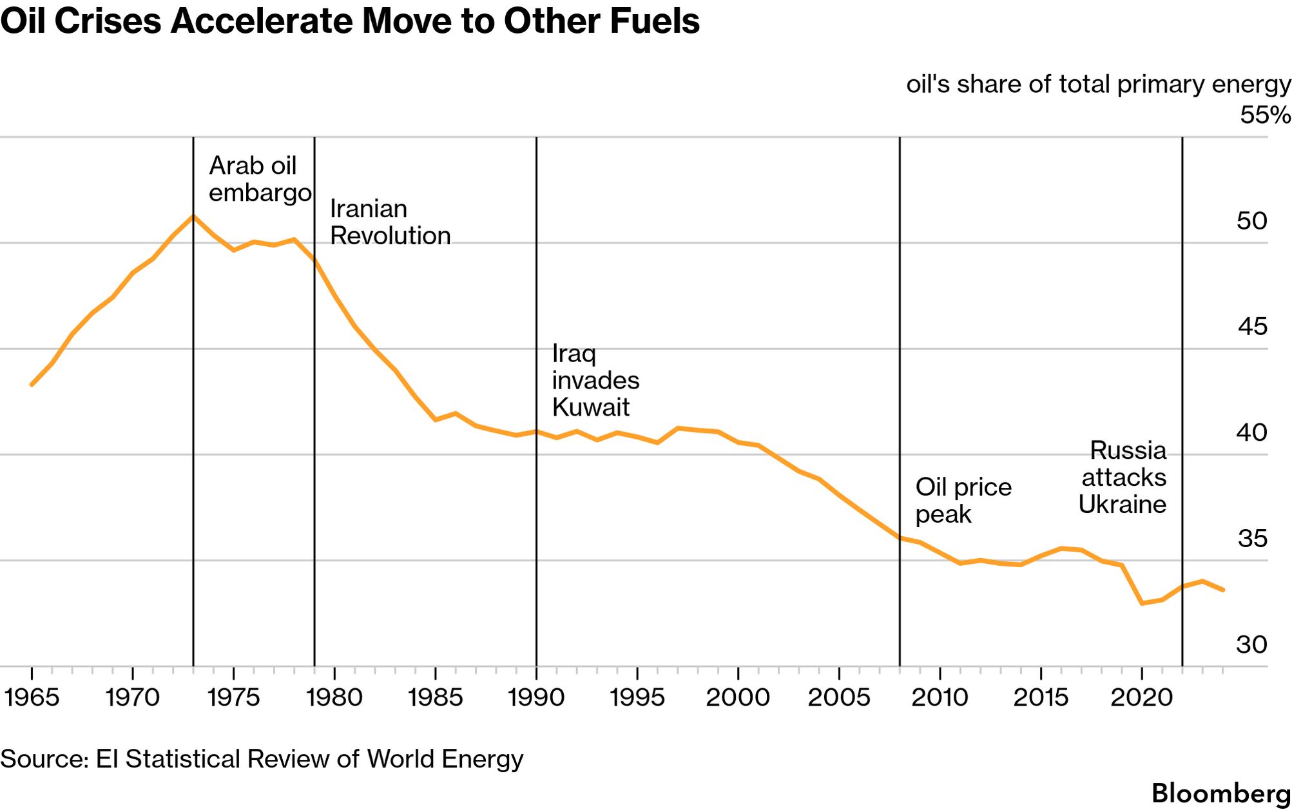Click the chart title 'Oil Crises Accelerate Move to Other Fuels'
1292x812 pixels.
tap(350, 21)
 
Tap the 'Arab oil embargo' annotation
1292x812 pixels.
tap(260, 179)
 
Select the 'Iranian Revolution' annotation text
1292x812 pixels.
tap(390, 222)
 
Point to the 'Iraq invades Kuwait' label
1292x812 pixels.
tap(595, 380)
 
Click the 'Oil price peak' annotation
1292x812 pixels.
tap(963, 500)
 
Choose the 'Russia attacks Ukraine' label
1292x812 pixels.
tap(1123, 477)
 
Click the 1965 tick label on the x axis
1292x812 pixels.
tap(32, 697)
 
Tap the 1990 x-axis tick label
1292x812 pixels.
tap(536, 697)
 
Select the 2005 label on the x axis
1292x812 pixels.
tap(838, 697)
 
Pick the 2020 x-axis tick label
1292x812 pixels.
tap(1141, 697)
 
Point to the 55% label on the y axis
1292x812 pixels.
tap(1265, 115)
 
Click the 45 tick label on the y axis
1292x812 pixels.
tap(1252, 327)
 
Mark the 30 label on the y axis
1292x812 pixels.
tap(1251, 644)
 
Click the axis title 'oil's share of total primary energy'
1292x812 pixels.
tap(1098, 84)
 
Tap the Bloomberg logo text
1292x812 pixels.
tap(1220, 793)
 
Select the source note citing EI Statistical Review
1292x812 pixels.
tap(262, 759)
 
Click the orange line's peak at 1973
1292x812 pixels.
tap(193, 217)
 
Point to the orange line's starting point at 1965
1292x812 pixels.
tap(32, 385)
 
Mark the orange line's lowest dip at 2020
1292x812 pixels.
tap(1142, 603)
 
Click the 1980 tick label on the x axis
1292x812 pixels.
tap(334, 697)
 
